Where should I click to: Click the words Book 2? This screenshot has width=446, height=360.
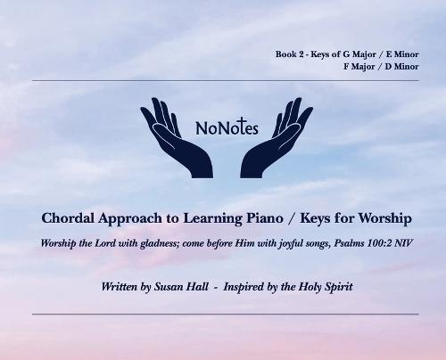(x=291, y=55)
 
